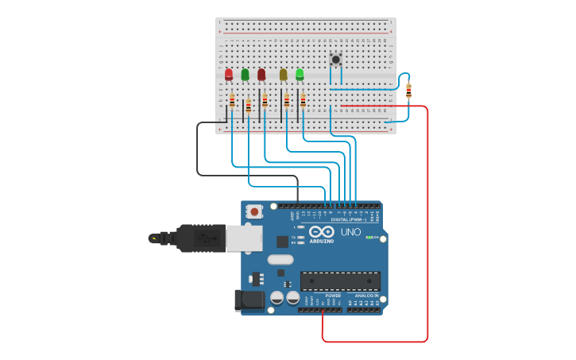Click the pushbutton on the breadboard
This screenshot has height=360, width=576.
pos(335,59)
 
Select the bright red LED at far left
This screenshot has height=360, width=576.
pos(229,74)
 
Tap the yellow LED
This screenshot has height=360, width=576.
pos(283,74)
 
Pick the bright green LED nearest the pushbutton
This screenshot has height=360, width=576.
pos(300,74)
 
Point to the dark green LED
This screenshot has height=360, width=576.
pos(245,74)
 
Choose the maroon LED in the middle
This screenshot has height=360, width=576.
pos(261,74)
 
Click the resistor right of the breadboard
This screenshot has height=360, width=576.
pos(408,91)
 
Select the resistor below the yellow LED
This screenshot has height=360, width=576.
pos(287,101)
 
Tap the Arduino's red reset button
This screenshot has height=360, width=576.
pos(254,211)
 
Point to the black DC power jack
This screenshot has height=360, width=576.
pos(249,300)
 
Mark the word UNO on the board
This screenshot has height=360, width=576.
pos(350,232)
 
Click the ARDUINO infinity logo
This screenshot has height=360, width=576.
pos(321,233)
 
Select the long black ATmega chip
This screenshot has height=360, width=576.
pos(340,281)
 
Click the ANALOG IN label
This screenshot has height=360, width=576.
pos(366,296)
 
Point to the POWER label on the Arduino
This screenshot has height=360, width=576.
pos(333,296)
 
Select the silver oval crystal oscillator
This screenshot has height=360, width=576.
pos(280,259)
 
